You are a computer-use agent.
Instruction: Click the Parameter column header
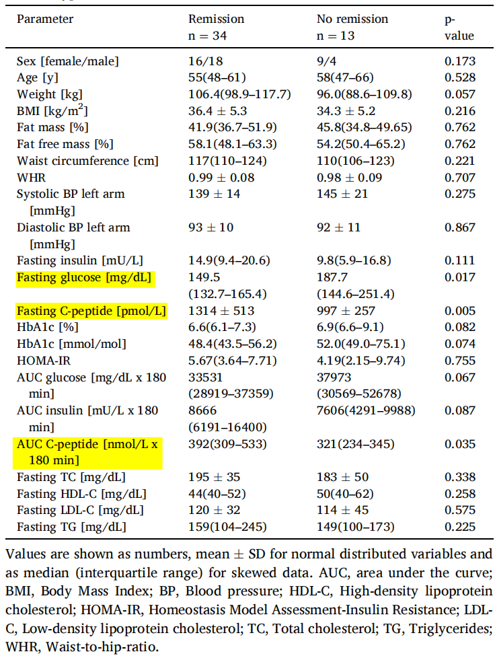45,19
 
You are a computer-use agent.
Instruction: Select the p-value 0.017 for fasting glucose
460,278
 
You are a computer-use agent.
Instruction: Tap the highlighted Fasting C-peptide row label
91,311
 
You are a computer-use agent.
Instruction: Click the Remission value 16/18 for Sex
205,61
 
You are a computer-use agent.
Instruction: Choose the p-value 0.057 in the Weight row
460,94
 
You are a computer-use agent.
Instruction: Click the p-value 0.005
460,311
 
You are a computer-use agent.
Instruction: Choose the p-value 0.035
460,444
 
